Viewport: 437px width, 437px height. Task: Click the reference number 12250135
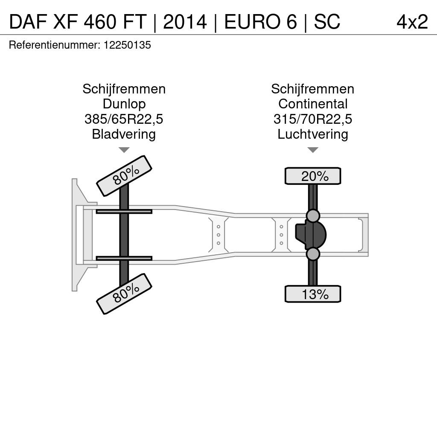point(127,45)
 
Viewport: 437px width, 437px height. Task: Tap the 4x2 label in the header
point(412,22)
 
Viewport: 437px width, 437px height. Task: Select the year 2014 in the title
point(185,22)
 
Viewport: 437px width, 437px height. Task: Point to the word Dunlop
point(124,104)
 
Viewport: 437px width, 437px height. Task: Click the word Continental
point(313,104)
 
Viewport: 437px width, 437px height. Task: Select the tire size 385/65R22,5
point(124,119)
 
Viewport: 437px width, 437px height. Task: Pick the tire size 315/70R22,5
point(313,119)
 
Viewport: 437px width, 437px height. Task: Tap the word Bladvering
point(124,134)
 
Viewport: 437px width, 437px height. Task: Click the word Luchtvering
point(313,134)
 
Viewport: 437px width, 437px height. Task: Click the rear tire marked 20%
point(313,176)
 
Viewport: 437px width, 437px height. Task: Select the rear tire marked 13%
point(313,294)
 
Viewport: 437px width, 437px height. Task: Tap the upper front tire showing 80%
point(124,176)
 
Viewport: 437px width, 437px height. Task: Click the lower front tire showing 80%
point(124,294)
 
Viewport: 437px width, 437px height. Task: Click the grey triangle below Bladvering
point(124,150)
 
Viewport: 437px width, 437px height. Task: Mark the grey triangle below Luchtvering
point(313,150)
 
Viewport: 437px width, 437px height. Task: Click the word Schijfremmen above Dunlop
point(124,89)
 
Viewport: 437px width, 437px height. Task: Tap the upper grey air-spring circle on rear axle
point(313,216)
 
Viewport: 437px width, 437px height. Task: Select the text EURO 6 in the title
point(261,22)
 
